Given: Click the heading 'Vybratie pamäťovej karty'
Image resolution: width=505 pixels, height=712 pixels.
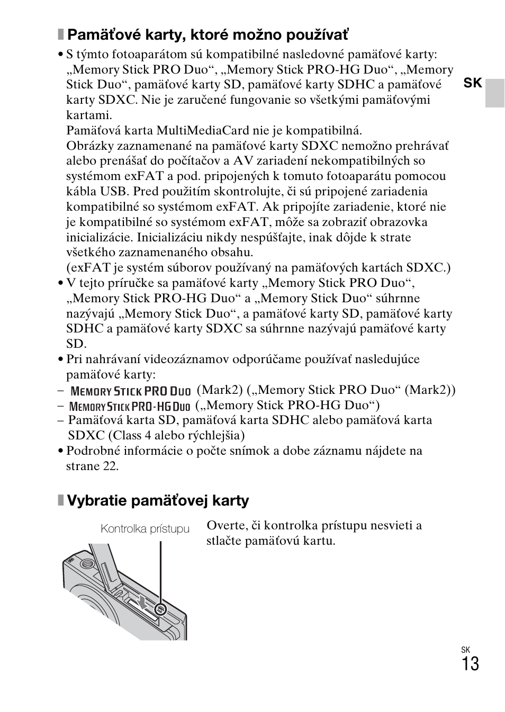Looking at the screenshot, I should [x=157, y=500].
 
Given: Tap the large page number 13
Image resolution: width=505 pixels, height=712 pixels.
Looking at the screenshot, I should [x=470, y=664].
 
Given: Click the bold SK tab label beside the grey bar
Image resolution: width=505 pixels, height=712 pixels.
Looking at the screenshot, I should [x=473, y=83].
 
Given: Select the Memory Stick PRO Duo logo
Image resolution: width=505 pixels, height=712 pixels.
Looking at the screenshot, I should [x=130, y=391].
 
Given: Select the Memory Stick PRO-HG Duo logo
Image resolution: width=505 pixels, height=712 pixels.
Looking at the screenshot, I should [x=130, y=407].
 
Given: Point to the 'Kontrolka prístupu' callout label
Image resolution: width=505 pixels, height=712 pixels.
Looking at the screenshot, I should [x=145, y=529].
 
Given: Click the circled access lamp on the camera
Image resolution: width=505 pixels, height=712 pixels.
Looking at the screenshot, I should [x=161, y=609].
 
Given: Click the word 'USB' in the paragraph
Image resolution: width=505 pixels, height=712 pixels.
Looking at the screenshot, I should [x=113, y=192].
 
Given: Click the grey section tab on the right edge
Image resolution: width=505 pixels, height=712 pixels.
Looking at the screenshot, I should [x=495, y=93].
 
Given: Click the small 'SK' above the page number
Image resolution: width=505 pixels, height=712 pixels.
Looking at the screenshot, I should [x=465, y=650].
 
